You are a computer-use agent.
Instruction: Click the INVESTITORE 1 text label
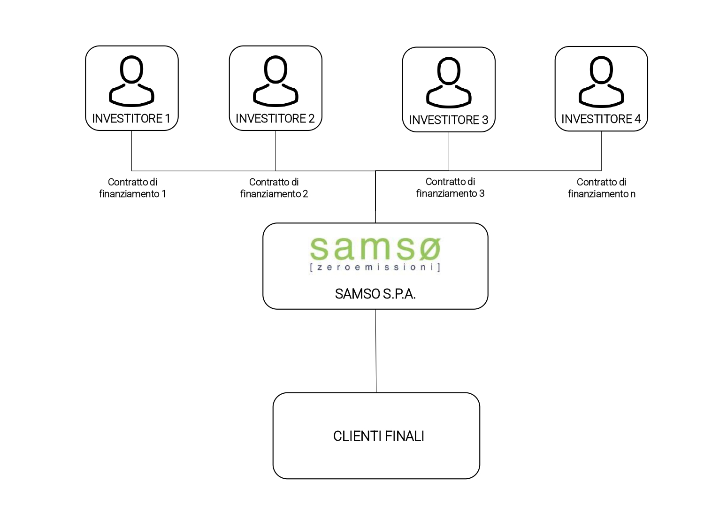pyautogui.click(x=131, y=119)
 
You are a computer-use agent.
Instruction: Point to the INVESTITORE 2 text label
pyautogui.click(x=275, y=119)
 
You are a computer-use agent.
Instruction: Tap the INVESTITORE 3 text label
pyautogui.click(x=448, y=120)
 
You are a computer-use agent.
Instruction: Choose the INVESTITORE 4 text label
pyautogui.click(x=601, y=119)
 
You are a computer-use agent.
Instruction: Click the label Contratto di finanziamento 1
pyautogui.click(x=133, y=188)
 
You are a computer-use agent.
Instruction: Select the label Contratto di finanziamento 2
pyautogui.click(x=274, y=188)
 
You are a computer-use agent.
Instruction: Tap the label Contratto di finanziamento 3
pyautogui.click(x=450, y=187)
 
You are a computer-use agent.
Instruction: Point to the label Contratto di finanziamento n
pyautogui.click(x=601, y=188)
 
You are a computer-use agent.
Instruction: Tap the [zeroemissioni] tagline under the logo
pyautogui.click(x=375, y=268)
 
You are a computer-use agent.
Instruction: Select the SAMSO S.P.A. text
pyautogui.click(x=375, y=294)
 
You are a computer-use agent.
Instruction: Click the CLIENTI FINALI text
pyautogui.click(x=378, y=436)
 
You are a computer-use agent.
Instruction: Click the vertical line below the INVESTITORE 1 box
pyautogui.click(x=132, y=150)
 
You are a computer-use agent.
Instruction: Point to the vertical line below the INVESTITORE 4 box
pyautogui.click(x=601, y=150)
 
